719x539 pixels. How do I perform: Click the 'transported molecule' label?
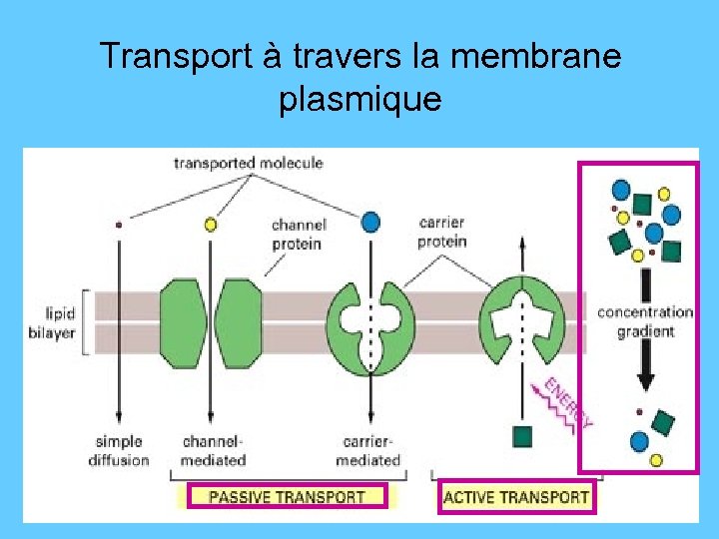click(x=249, y=163)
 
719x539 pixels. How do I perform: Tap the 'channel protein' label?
click(x=298, y=235)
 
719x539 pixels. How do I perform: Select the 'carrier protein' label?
click(x=442, y=232)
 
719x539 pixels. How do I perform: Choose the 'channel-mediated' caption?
click(x=213, y=450)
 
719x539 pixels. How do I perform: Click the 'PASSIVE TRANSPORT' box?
click(x=287, y=496)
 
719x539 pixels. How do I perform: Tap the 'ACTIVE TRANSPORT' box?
click(x=516, y=496)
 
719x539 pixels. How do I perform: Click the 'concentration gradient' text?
click(x=644, y=321)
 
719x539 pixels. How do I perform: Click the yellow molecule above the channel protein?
click(x=210, y=225)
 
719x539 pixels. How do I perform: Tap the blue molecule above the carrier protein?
click(x=370, y=222)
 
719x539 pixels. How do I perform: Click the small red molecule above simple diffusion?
click(x=120, y=226)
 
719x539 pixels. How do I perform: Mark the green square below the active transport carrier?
click(x=521, y=435)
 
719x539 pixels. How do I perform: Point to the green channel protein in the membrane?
click(x=212, y=321)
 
